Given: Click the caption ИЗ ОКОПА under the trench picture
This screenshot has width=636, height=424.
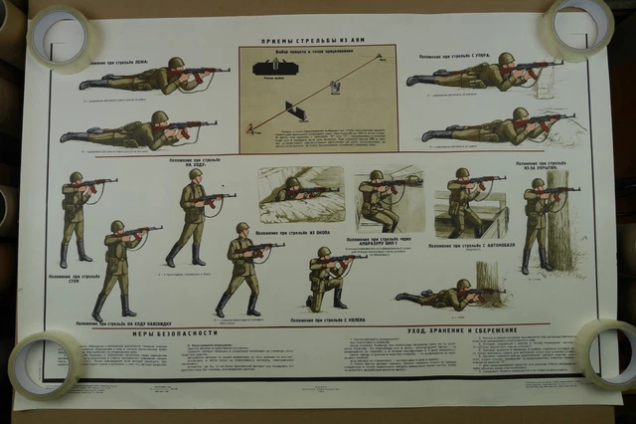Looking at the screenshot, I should coord(301,232).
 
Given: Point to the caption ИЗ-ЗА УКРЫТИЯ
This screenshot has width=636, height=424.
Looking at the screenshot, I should coord(541,164).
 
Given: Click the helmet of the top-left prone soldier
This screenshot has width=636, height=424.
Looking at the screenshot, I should coord(176,63).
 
